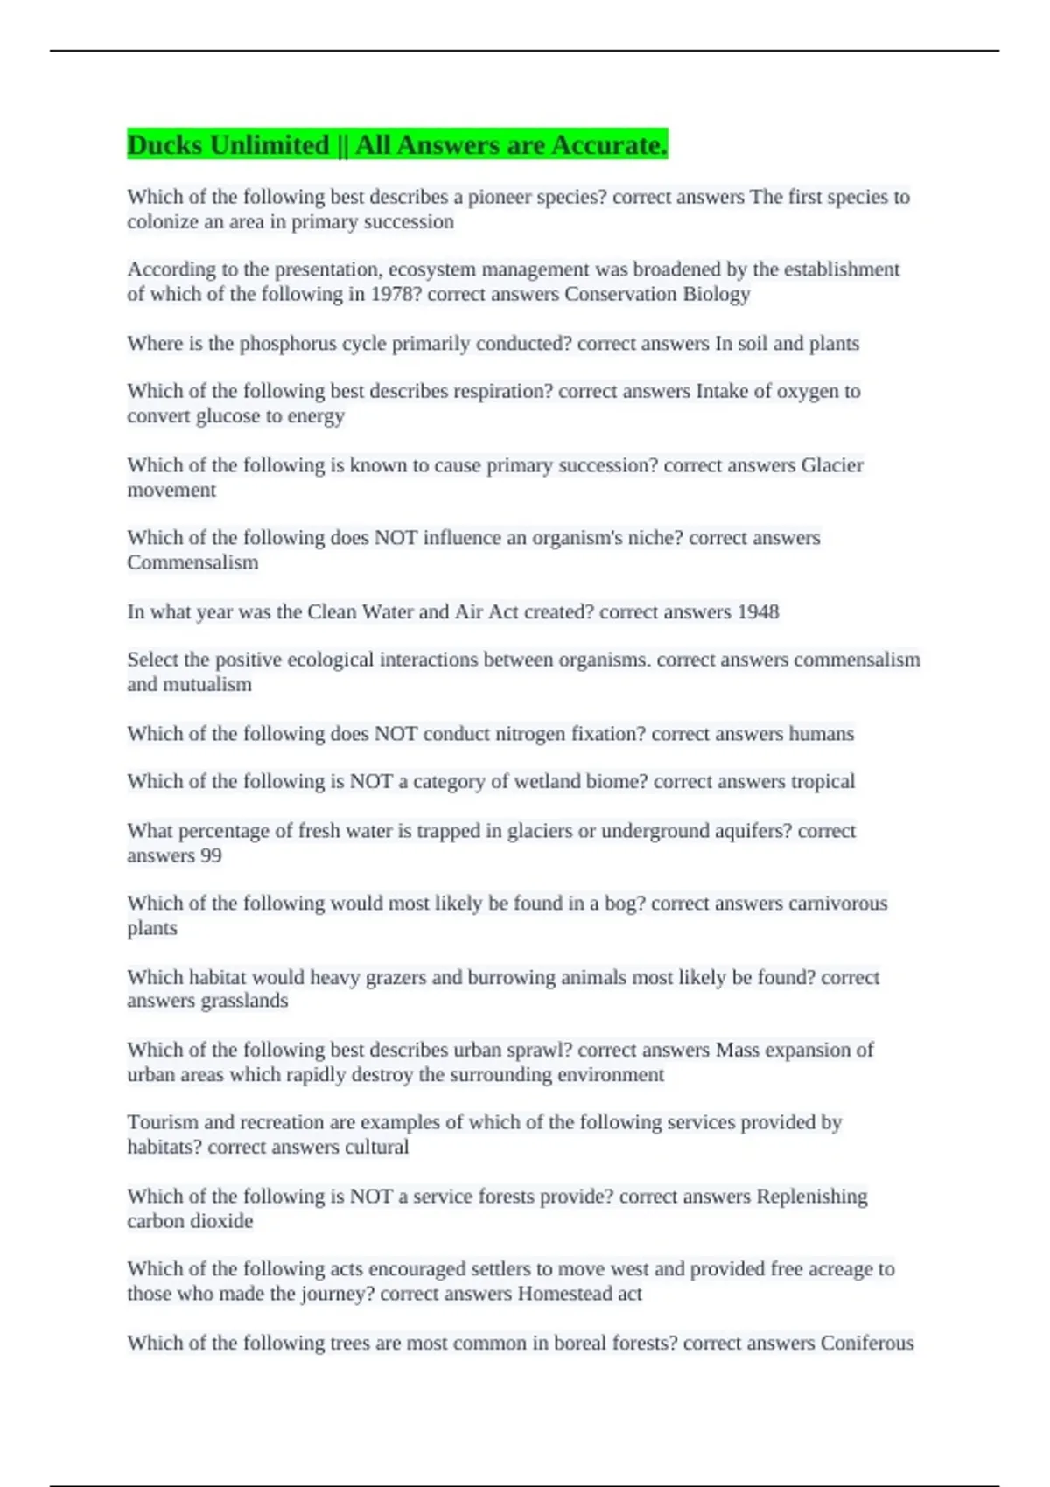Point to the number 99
pyautogui.click(x=211, y=855)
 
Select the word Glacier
pyautogui.click(x=831, y=465)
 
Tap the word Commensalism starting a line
pyautogui.click(x=192, y=562)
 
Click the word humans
pyautogui.click(x=821, y=734)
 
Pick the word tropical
pyautogui.click(x=822, y=781)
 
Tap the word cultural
pyautogui.click(x=376, y=1147)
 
